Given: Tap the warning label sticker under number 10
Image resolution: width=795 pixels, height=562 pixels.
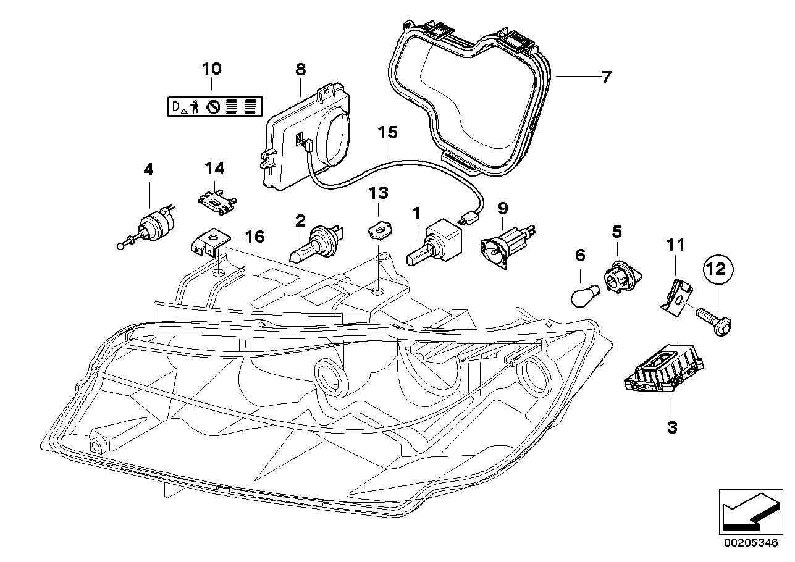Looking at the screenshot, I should click(x=214, y=106).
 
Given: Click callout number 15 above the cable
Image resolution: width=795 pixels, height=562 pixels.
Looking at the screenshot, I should click(x=388, y=132).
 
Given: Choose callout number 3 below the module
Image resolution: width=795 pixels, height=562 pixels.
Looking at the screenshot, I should click(x=672, y=427).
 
